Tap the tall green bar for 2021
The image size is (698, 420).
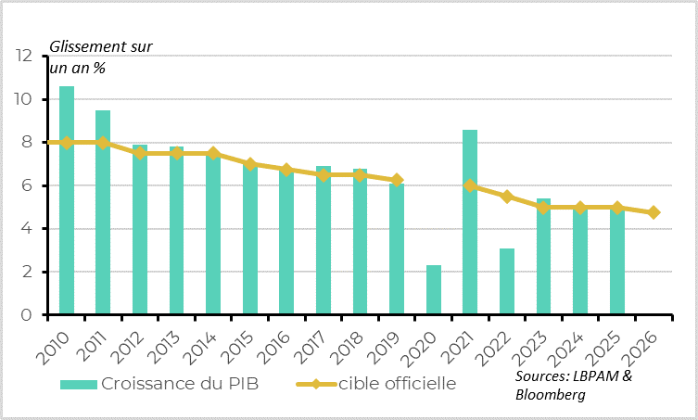point(470,223)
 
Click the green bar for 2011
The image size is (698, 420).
point(103,212)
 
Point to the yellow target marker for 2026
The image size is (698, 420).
point(654,212)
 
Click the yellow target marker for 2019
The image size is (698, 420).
point(397,180)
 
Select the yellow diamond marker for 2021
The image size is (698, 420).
point(470,185)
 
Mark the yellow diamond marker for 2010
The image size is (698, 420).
point(67,143)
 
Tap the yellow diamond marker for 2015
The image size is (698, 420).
point(250,164)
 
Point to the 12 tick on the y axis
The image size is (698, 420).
point(24,57)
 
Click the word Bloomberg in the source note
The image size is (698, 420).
point(551,395)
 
